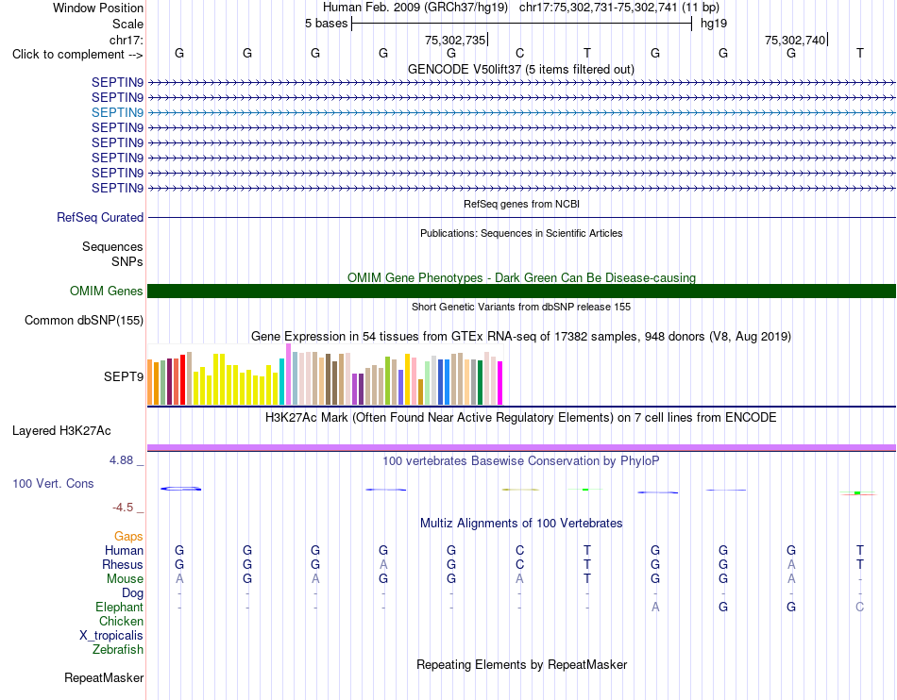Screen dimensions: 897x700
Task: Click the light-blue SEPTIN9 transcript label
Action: click(x=117, y=112)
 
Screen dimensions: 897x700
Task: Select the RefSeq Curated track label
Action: click(x=100, y=217)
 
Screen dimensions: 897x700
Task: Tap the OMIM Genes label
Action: click(x=107, y=291)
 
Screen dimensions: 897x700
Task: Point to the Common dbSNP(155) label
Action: click(x=84, y=320)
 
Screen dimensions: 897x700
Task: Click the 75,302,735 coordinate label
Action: click(x=455, y=40)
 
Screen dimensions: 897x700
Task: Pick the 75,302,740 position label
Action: click(x=795, y=40)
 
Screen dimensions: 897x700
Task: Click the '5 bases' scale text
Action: click(x=326, y=24)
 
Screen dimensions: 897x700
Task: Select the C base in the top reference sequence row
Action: click(x=519, y=53)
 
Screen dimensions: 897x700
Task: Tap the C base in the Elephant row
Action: click(x=859, y=607)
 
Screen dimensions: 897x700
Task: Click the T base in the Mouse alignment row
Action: click(x=587, y=579)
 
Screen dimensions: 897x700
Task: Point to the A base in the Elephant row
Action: click(x=655, y=607)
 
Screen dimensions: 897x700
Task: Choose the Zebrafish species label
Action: click(x=118, y=649)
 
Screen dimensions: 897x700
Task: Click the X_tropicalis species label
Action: click(x=111, y=636)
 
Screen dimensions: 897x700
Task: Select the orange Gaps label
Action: click(x=128, y=536)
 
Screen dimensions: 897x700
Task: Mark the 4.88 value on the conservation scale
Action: click(x=121, y=460)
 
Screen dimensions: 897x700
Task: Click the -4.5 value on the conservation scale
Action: click(x=124, y=508)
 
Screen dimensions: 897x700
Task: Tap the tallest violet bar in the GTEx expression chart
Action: click(x=288, y=375)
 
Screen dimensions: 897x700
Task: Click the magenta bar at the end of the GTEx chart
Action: click(x=500, y=383)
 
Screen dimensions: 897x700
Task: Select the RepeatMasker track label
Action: click(x=104, y=677)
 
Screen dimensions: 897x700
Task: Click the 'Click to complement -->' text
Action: click(x=77, y=55)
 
